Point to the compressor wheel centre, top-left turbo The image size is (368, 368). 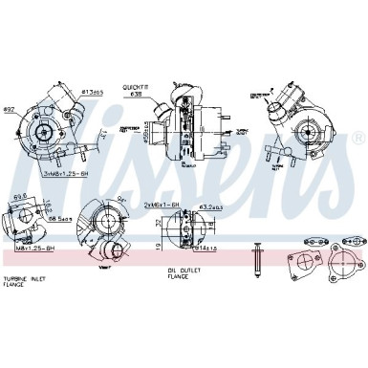45,126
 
